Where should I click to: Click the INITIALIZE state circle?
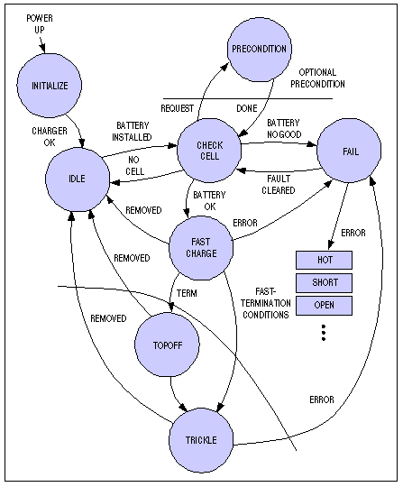[50, 87]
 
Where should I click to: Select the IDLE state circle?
[77, 179]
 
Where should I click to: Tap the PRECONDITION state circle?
[259, 49]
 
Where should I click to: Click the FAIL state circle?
[351, 152]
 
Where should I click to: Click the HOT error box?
[325, 260]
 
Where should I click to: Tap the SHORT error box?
[325, 282]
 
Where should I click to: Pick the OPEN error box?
[325, 305]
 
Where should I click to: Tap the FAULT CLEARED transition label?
[278, 183]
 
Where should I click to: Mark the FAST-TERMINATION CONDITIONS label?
[271, 303]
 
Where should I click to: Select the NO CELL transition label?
[134, 165]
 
